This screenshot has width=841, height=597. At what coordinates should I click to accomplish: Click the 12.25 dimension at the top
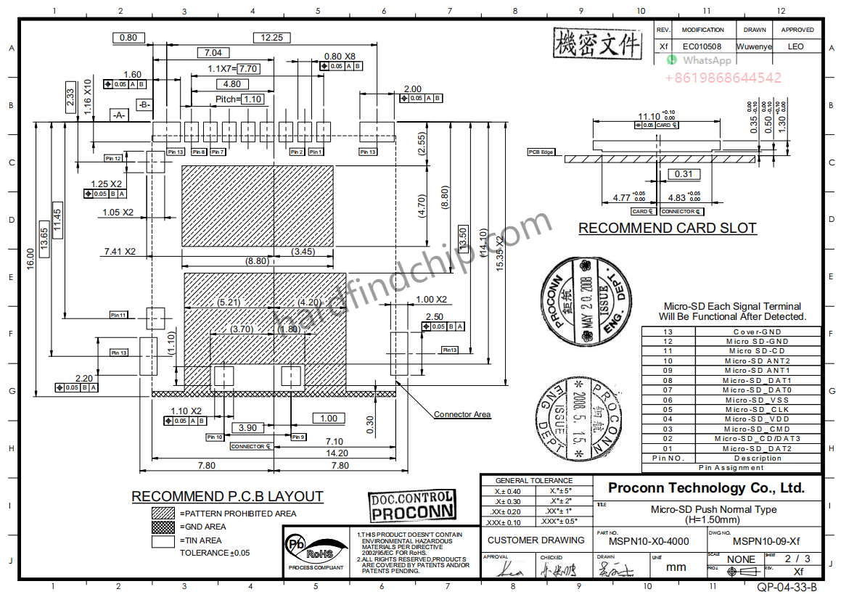click(272, 38)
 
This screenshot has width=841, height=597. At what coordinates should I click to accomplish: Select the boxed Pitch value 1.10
click(252, 99)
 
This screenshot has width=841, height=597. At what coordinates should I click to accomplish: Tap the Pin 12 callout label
click(113, 158)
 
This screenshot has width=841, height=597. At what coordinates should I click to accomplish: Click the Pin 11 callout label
click(118, 315)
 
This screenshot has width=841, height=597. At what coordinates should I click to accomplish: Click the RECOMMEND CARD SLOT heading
click(667, 228)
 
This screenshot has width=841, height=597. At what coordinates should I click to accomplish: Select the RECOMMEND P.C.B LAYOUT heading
click(227, 497)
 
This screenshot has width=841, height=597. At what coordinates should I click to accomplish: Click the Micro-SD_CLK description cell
click(758, 409)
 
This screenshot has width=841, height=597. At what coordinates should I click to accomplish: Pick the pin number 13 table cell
click(668, 332)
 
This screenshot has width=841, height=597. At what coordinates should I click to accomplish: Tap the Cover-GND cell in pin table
click(758, 332)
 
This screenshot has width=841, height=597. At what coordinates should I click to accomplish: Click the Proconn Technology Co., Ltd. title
click(706, 487)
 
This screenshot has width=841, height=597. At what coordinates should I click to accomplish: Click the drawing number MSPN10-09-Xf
click(766, 541)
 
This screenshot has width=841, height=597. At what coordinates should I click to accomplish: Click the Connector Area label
click(461, 414)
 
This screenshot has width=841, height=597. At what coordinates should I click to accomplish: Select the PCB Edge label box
click(541, 152)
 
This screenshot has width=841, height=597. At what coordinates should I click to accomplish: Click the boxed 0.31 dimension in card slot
click(683, 174)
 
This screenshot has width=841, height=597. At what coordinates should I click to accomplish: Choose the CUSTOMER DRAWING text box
click(536, 540)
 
